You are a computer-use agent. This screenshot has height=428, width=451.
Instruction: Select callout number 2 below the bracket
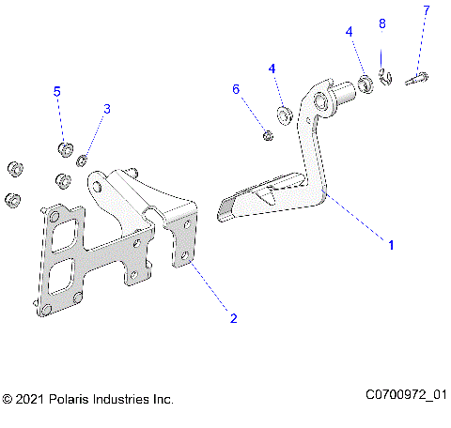click(233, 318)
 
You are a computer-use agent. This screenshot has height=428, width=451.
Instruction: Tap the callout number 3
click(106, 110)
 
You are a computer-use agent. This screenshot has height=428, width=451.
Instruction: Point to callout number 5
click(56, 91)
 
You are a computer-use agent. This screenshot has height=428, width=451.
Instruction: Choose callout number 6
click(236, 89)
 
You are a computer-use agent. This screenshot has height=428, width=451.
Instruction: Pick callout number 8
click(381, 23)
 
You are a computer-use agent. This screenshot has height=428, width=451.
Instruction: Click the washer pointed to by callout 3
click(83, 157)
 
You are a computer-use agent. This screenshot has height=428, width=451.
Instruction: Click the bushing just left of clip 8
click(365, 84)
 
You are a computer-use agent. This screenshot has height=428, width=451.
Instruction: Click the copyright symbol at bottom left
click(8, 400)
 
